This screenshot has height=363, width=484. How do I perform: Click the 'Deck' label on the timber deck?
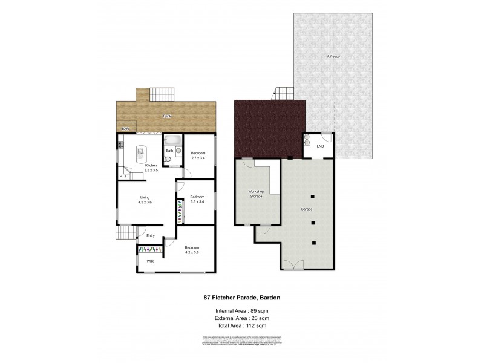tap(165, 115)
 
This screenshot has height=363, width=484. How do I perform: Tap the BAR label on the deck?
tap(125, 129)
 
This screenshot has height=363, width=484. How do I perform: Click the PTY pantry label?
tap(122, 176)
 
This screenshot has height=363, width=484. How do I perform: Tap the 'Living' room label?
tap(145, 197)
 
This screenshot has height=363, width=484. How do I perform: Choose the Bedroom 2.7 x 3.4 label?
tap(198, 155)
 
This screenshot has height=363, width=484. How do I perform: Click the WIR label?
tap(149, 261)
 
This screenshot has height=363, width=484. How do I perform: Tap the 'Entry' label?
tap(151, 235)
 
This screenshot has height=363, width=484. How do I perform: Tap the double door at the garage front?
tap(293, 264)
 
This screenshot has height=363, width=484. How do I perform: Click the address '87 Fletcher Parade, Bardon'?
tap(241, 298)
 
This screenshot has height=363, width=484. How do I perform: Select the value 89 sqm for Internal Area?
tap(261, 310)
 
